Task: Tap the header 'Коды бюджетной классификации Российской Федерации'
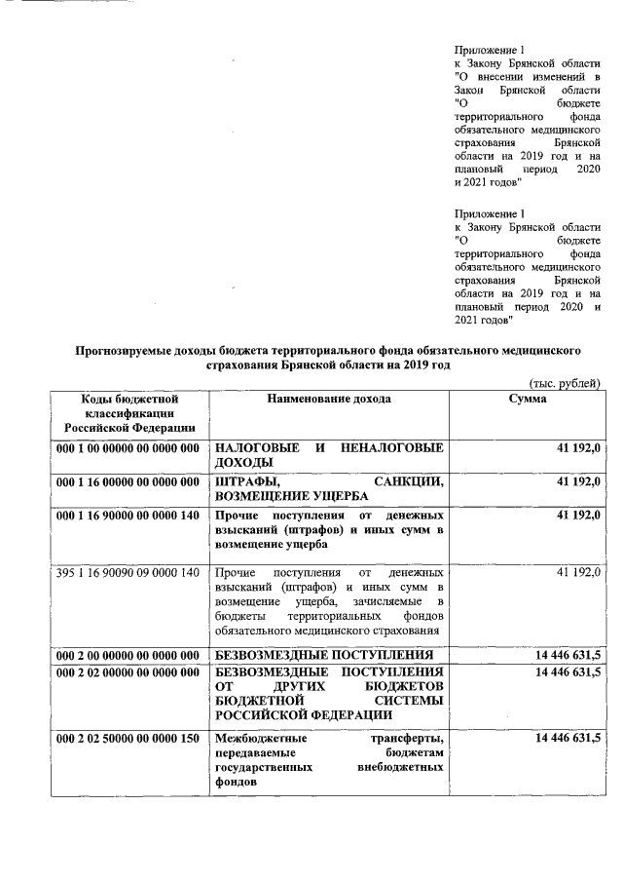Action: [129, 413]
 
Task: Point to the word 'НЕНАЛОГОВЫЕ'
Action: [393, 447]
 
